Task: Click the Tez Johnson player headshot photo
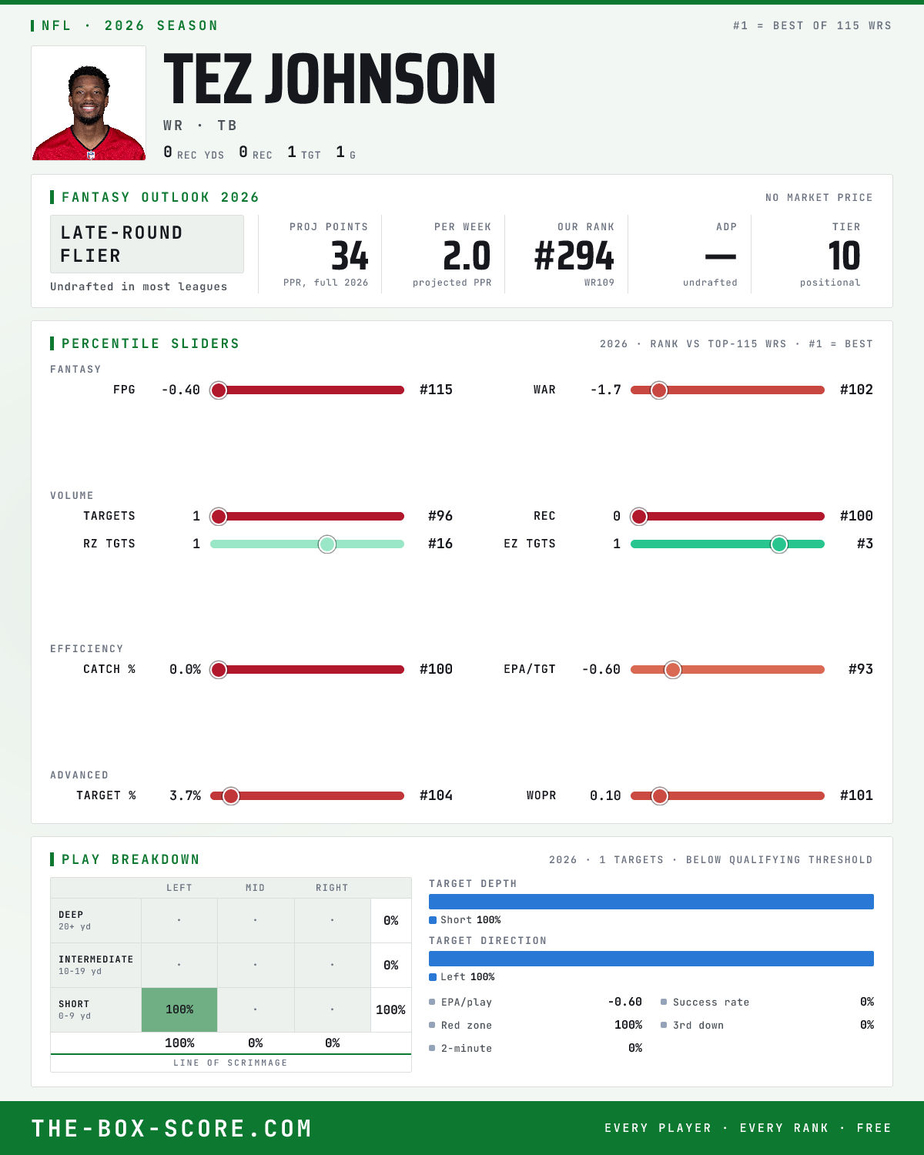89,103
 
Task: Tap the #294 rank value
574,256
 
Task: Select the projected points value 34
350,256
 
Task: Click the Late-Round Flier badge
146,244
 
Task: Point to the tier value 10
844,256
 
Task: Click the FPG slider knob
219,390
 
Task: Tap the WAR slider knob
659,390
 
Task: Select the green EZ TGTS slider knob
779,544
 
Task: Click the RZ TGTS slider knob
327,544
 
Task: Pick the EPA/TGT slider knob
673,670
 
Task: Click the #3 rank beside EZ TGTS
865,544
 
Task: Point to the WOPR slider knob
659,796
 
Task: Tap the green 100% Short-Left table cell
179,1009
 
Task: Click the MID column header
255,888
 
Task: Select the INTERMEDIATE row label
96,959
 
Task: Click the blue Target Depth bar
651,902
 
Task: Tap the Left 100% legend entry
462,977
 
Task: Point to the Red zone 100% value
628,1025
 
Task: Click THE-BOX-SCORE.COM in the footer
172,1128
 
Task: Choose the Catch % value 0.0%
186,669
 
